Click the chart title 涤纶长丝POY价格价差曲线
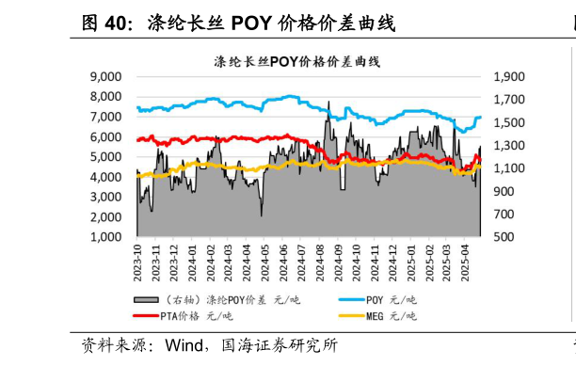(x=289, y=61)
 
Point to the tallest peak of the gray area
(x=328, y=103)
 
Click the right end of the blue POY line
(x=480, y=118)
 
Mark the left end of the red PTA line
(x=136, y=141)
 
